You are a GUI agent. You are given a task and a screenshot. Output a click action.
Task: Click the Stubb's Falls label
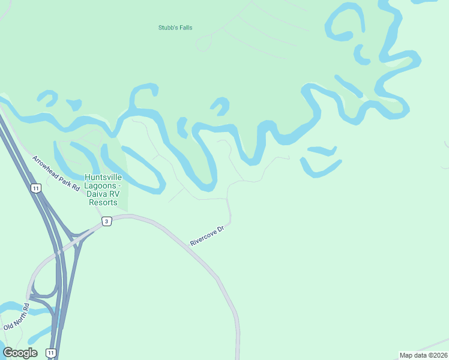point(175,28)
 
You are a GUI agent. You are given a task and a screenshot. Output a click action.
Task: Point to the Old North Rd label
point(16,317)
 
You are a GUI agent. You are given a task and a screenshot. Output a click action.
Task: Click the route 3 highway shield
point(106,221)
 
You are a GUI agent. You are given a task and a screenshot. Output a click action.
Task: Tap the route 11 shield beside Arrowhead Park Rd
point(37,188)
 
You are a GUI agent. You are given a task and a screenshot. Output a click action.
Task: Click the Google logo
point(20,352)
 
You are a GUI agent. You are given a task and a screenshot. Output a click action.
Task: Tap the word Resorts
point(103,202)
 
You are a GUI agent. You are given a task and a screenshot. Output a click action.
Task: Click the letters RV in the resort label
point(120,194)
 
